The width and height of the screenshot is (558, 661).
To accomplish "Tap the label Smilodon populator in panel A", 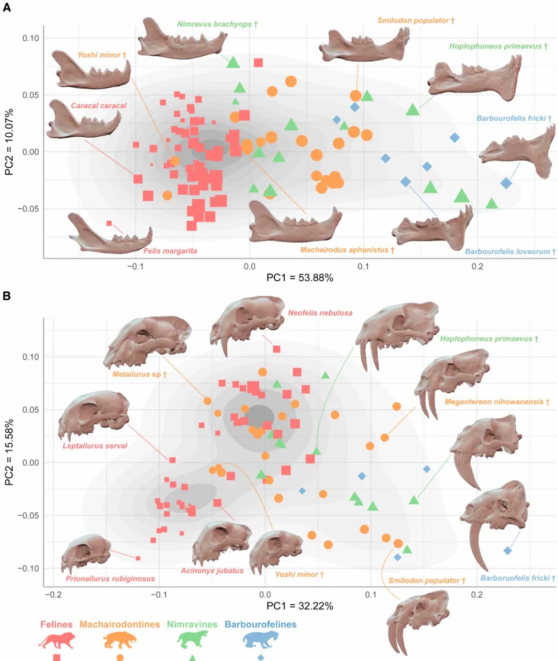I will point(415,21).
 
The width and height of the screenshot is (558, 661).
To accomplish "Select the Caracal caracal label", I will point(98,105).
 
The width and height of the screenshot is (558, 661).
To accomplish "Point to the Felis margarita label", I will point(170,251).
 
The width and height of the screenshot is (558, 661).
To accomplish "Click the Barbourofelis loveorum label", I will point(510,251).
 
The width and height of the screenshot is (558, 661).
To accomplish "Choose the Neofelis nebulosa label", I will point(320,313).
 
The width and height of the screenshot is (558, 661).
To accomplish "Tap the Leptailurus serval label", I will point(95,445).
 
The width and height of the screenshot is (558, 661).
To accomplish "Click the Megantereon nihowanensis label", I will point(497,401).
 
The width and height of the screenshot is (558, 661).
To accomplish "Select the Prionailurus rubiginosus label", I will point(110,578).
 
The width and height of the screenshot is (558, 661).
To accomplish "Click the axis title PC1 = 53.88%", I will point(300,278).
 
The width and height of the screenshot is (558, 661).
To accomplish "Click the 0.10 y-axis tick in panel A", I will point(30,38).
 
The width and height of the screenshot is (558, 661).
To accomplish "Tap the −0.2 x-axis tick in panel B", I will point(53,594).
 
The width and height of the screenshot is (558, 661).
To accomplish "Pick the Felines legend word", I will point(56,624).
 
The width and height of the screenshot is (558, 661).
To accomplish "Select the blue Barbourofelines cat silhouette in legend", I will point(260,639).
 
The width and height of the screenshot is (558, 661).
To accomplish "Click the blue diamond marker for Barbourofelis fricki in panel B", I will point(507,551).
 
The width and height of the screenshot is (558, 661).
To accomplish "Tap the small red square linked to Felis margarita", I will point(109,223).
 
